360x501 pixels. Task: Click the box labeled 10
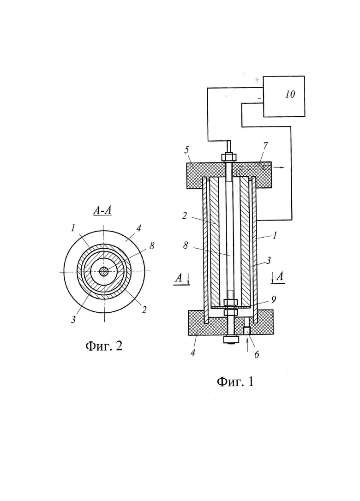coord(283,96)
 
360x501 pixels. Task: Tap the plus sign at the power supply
coord(257,80)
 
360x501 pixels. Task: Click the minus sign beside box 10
coord(259,98)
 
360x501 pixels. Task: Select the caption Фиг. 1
coord(235,382)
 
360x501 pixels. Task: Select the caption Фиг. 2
coord(104,346)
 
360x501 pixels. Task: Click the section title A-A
coord(102,210)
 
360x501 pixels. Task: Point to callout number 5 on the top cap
coord(187,149)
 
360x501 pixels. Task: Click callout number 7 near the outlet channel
coord(265,146)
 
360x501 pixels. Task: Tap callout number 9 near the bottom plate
coord(273,299)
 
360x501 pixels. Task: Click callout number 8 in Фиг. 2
coord(151,245)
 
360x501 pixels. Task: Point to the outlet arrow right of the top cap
coord(278,167)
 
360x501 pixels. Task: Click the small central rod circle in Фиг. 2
coord(103,272)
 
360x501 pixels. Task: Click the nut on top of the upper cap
coord(229,157)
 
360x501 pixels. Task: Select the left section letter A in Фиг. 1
coord(179,278)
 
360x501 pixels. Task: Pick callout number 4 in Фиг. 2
coord(139,228)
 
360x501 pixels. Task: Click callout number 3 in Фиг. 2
coord(73,319)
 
